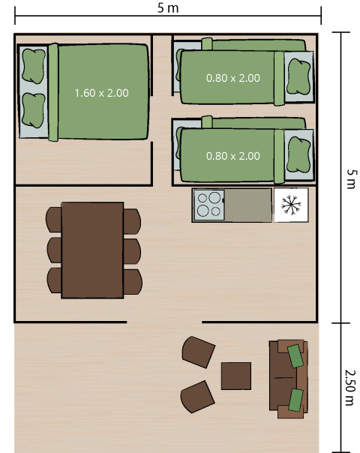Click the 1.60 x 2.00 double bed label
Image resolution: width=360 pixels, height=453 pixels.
[x=101, y=93]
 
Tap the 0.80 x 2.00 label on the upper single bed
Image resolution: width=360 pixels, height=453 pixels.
[x=232, y=77]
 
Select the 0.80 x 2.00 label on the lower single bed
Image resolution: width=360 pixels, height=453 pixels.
[x=232, y=156]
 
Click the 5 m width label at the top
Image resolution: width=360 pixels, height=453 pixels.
[x=167, y=7]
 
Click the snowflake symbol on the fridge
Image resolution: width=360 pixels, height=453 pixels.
[x=290, y=205]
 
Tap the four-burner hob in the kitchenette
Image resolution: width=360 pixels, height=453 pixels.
[x=209, y=205]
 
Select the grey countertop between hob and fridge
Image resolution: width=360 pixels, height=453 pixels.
[x=248, y=205]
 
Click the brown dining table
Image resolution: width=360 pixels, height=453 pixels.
[x=92, y=250]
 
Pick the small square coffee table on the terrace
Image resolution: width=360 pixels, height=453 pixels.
[x=235, y=376]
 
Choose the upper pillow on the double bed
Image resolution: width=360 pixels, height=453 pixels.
[x=33, y=66]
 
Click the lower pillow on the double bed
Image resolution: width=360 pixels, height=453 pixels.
[x=33, y=109]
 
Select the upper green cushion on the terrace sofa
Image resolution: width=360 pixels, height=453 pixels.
[x=295, y=355]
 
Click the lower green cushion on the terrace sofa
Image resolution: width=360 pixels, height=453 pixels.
[x=295, y=399]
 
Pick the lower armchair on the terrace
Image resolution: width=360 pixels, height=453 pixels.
[x=197, y=397]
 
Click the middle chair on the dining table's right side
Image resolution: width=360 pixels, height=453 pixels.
[x=132, y=250]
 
